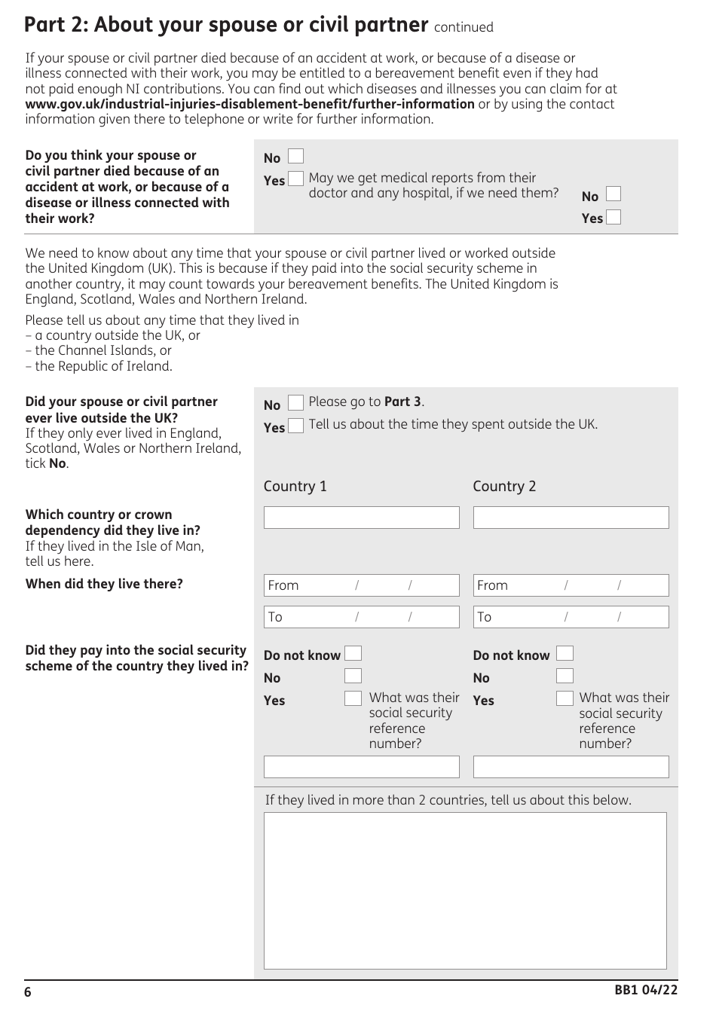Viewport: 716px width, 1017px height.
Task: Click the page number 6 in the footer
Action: (28, 992)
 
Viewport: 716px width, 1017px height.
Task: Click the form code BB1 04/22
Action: (646, 991)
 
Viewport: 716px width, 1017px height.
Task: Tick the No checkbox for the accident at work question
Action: (296, 157)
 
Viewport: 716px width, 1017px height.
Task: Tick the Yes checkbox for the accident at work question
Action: (296, 179)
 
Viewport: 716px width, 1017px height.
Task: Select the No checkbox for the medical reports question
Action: (613, 194)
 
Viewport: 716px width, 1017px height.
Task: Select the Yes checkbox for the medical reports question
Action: (613, 217)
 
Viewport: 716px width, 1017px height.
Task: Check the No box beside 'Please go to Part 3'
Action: (296, 403)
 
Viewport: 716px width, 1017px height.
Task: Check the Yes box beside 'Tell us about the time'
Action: (296, 426)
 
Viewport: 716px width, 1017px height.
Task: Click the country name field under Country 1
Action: (361, 518)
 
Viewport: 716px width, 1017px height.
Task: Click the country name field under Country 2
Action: (571, 518)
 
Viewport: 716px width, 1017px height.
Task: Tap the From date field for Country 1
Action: (361, 585)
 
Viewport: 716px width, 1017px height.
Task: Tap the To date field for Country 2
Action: (571, 617)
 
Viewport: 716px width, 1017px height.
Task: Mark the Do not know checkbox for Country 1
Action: (353, 654)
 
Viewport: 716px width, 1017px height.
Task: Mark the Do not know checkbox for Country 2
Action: (565, 654)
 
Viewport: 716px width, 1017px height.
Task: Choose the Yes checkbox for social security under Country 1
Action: (353, 698)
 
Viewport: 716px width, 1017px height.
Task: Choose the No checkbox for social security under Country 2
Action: (565, 676)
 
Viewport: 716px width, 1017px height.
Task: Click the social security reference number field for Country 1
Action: (361, 767)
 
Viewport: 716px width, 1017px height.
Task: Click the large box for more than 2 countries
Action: (465, 890)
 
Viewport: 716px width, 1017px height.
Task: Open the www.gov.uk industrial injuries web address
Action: (249, 104)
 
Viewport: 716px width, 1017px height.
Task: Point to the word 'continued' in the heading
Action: (464, 28)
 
